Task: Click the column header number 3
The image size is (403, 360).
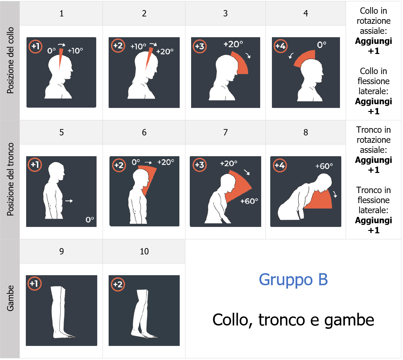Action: pos(225,13)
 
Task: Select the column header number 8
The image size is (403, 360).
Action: pos(305,132)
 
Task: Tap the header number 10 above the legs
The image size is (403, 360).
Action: pos(144,251)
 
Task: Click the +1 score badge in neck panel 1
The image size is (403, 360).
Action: pos(35,46)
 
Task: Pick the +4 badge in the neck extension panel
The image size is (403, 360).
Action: pos(280,46)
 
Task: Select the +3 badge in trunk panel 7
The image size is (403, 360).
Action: pos(199,165)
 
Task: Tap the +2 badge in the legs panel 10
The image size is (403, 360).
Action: pos(118,285)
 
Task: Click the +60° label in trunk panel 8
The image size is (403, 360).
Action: pos(324,166)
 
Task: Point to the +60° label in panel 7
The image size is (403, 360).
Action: pos(249,201)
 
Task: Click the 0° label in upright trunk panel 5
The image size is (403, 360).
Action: pos(90,220)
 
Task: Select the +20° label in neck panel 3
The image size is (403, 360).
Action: pos(233,44)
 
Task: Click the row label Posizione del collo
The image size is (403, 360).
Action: pos(10,60)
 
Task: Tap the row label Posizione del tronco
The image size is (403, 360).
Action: pos(10,179)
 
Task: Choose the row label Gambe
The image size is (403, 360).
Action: pos(10,298)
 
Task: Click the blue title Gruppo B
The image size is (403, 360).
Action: pos(293,280)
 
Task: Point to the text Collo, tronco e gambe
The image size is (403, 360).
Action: pos(293,320)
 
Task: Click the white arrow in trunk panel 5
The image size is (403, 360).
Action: pos(69,201)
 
